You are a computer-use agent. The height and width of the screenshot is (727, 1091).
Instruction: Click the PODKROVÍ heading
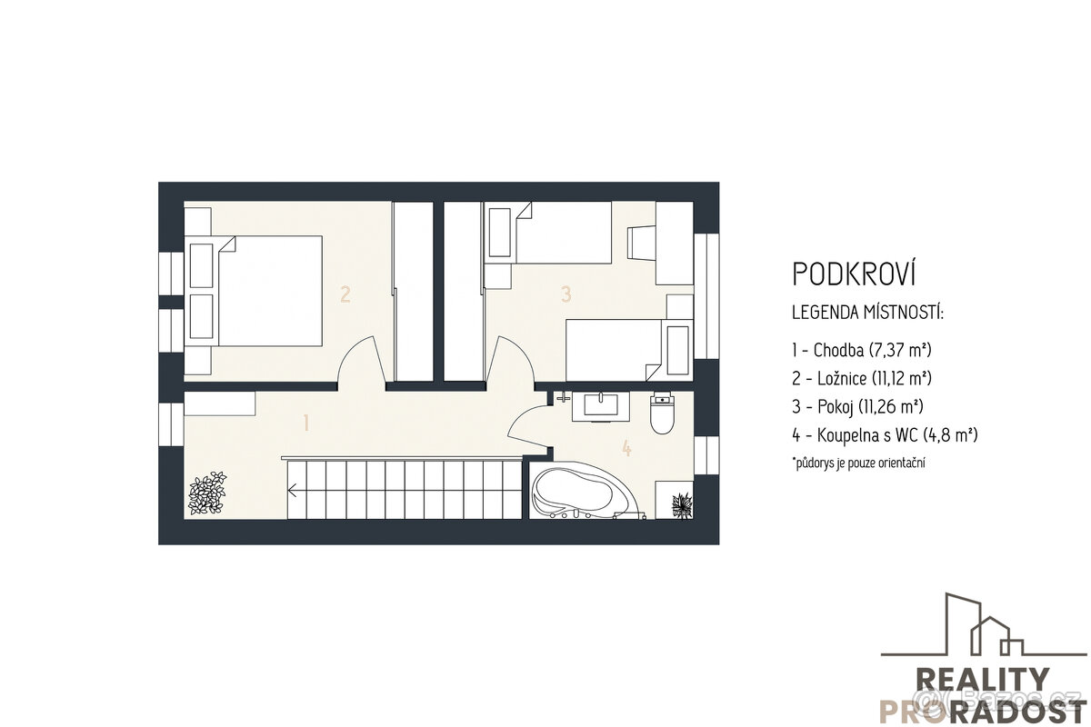854,274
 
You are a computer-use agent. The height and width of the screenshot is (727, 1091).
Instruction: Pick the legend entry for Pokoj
858,406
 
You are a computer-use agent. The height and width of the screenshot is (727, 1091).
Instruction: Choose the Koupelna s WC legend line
885,434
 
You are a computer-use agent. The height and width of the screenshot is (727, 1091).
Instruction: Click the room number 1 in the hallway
306,423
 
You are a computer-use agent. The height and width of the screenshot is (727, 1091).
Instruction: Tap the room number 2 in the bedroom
345,294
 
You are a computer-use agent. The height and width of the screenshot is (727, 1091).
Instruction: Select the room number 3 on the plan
566,294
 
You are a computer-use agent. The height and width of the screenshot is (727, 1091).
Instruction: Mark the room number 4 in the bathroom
626,447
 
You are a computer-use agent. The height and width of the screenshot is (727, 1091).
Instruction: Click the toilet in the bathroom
662,413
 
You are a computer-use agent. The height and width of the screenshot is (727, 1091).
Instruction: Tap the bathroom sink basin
601,404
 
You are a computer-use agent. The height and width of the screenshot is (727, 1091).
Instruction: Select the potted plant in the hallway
207,492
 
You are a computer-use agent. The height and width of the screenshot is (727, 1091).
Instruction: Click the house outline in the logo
982,627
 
